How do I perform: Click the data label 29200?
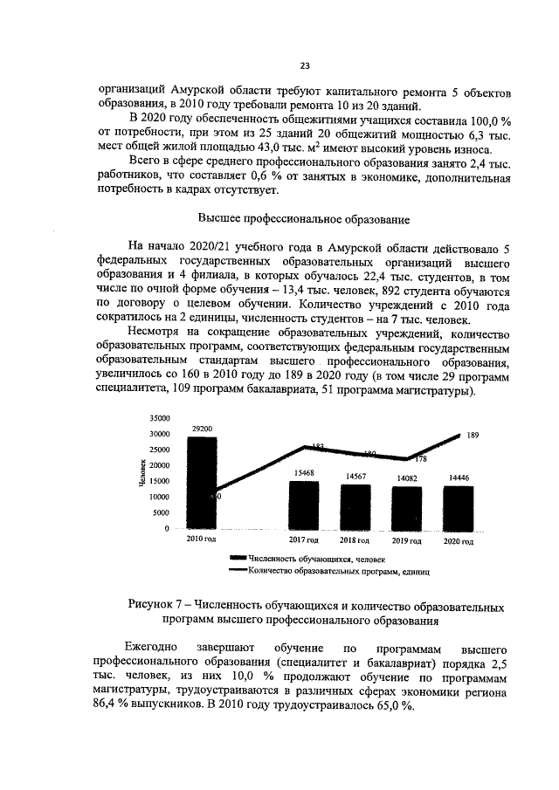click(x=202, y=429)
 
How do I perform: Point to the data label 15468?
click(x=304, y=472)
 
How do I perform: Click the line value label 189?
click(x=473, y=434)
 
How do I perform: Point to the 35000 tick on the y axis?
click(x=159, y=418)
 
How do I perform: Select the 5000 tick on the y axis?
click(x=162, y=513)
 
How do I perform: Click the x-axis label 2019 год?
click(x=407, y=541)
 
